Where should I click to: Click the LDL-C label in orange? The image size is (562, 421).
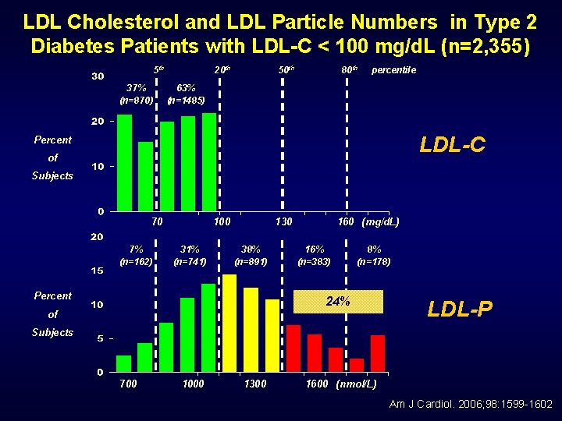pos(452,145)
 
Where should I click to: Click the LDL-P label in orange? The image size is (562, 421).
pos(460,310)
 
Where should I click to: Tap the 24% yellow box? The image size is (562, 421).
pos(338,302)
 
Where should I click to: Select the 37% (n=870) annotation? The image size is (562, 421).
pos(136,94)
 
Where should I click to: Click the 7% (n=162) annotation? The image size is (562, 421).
pos(136,255)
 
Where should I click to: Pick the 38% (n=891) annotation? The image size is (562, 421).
pos(251,255)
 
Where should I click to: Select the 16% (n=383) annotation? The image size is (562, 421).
pos(315,255)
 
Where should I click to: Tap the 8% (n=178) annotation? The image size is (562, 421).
pos(374,255)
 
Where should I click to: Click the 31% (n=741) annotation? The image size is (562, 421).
pos(190,255)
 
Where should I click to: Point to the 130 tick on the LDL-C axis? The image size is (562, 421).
pos(283,221)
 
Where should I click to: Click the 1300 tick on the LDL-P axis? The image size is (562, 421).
pos(255,384)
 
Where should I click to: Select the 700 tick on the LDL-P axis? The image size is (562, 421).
pos(128,384)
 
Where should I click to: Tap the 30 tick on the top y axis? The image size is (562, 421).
pos(98,76)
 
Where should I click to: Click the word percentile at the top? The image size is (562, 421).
pos(394,70)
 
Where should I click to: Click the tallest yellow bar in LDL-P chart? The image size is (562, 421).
pos(229,323)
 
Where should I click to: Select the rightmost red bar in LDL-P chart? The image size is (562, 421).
pos(378,353)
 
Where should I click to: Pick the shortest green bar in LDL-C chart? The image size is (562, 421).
pos(145,176)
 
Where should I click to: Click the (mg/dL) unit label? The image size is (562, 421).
pos(380,221)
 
